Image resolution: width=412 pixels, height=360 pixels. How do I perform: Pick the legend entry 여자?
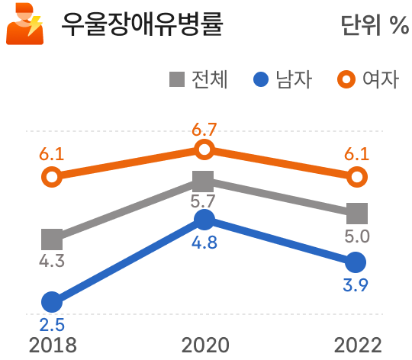pyautogui.click(x=369, y=79)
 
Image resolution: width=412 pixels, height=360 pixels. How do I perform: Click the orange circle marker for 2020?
pyautogui.click(x=204, y=149)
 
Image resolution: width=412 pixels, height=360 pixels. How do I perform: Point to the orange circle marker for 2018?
pyautogui.click(x=51, y=177)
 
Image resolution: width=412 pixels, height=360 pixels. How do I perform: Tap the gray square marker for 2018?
pyautogui.click(x=51, y=239)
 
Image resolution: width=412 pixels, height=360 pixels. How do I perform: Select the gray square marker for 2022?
pyautogui.click(x=356, y=213)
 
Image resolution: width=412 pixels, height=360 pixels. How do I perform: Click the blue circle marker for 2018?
pyautogui.click(x=51, y=301)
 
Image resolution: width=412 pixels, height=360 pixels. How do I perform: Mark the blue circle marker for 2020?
pyautogui.click(x=204, y=220)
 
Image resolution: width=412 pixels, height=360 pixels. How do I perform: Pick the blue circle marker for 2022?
pyautogui.click(x=356, y=263)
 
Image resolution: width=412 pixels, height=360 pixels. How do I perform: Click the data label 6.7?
pyautogui.click(x=204, y=129)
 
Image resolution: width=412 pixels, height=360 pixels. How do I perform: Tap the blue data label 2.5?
pyautogui.click(x=51, y=323)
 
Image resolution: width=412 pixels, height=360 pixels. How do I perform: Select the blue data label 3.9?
pyautogui.click(x=356, y=286)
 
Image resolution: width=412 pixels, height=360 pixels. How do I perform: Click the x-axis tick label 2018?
pyautogui.click(x=52, y=345)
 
